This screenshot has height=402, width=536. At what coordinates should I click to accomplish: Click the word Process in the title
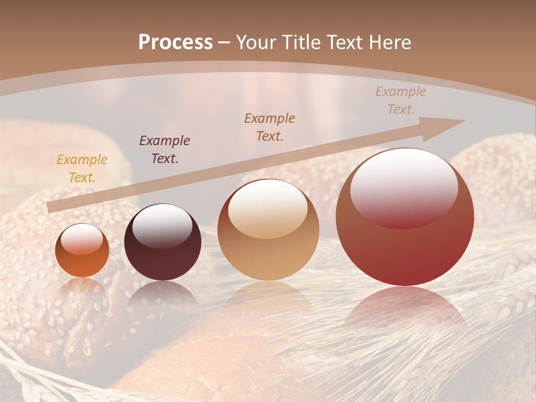[175, 42]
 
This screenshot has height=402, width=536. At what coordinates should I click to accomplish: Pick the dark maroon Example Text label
[165, 149]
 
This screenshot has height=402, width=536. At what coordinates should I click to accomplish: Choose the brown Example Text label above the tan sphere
[270, 127]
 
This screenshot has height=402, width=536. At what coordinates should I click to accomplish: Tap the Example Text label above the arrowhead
[400, 100]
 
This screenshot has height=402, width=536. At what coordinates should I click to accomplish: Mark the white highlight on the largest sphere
[404, 187]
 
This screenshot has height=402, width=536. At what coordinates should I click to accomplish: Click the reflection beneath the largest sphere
[405, 313]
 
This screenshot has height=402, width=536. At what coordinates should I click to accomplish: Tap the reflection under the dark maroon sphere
[162, 301]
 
